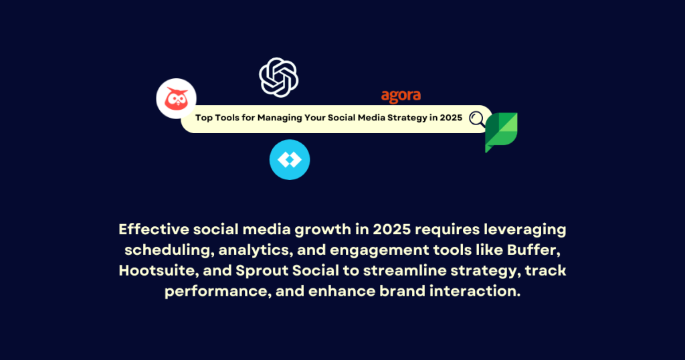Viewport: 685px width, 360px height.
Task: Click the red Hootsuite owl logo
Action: click(176, 98)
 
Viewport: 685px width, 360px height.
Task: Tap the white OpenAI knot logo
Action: click(278, 77)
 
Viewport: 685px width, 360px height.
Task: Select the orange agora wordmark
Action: click(401, 96)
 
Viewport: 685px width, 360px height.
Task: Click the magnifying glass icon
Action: click(478, 119)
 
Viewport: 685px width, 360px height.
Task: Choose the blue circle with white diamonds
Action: click(289, 160)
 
